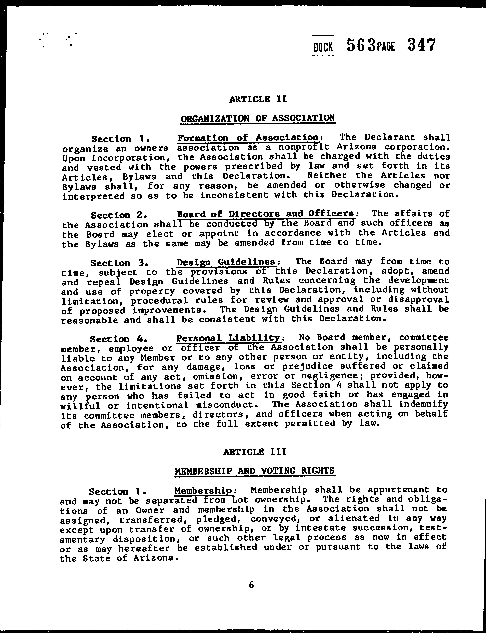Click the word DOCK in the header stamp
tap(323, 47)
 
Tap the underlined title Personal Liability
tap(228, 338)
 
